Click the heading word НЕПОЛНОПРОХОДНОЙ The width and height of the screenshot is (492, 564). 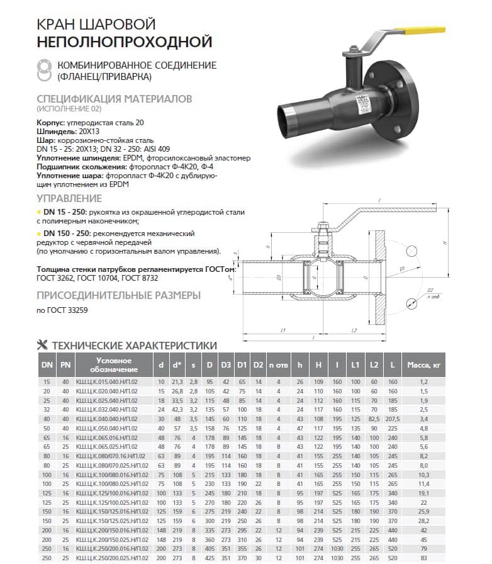[x=124, y=42]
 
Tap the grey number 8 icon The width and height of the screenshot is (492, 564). [x=45, y=70]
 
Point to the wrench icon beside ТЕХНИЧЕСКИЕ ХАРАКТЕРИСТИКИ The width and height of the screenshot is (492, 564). [x=43, y=345]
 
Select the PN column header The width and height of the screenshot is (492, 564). [x=65, y=365]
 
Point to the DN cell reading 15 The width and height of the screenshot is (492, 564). [x=46, y=381]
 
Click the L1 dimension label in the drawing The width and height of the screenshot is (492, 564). [x=283, y=330]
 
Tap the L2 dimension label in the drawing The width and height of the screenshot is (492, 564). [x=354, y=330]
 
